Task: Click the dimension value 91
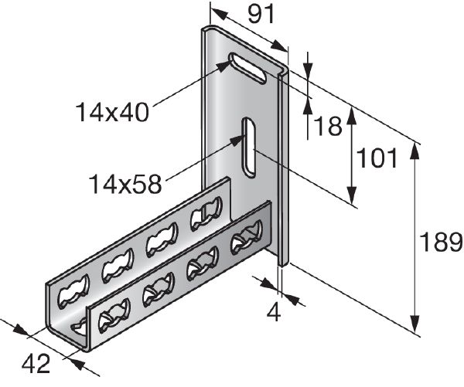262,15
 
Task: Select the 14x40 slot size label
111,112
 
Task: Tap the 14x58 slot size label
125,185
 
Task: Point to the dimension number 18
327,126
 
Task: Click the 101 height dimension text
377,159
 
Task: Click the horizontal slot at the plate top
247,66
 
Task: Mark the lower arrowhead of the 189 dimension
418,328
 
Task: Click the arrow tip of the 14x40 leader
230,63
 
